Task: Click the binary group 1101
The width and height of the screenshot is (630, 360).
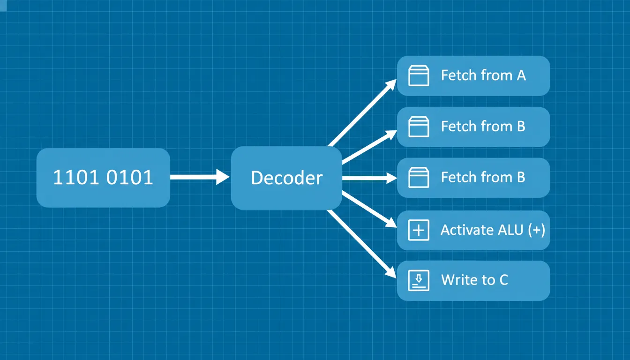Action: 76,177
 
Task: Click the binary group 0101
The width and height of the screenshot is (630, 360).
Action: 130,177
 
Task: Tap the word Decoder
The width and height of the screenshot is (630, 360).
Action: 286,178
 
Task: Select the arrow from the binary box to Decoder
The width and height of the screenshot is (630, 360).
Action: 200,177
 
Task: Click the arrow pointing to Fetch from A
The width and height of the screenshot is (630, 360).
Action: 362,113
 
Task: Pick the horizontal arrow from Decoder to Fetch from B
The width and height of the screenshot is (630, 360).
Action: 369,178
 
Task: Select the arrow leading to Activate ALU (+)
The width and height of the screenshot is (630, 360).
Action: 369,209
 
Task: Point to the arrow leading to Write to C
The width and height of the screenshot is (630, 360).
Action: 362,244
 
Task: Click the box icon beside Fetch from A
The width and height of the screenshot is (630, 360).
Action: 419,75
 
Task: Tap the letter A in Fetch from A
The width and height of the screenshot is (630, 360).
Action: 521,75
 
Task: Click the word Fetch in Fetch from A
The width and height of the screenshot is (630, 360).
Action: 458,75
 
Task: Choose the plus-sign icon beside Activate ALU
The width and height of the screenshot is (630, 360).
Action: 419,230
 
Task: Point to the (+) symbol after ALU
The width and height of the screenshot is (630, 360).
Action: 537,230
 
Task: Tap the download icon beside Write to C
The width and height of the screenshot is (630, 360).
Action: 419,280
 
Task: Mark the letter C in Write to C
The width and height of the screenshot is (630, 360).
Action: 503,280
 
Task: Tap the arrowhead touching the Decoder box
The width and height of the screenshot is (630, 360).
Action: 223,177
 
